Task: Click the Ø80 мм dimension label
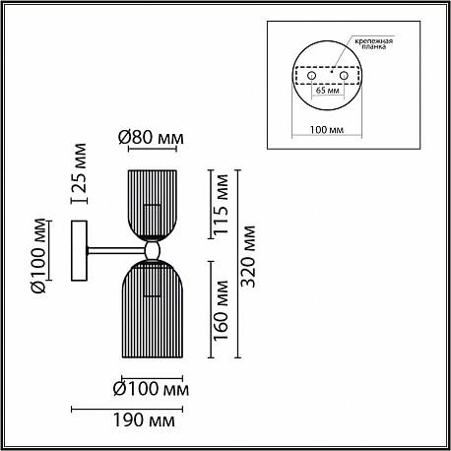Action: coord(151,138)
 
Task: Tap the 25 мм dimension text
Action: coord(79,168)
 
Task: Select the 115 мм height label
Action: coord(221,204)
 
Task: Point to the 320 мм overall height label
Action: coord(247,256)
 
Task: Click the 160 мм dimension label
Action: coord(221,310)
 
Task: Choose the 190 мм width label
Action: coord(144,419)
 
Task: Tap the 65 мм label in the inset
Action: coord(328,90)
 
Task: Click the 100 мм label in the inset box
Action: coord(327,130)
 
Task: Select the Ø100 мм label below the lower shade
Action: coord(151,389)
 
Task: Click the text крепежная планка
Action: coord(373,43)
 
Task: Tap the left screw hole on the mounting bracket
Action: coord(311,76)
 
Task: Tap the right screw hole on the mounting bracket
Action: coord(344,76)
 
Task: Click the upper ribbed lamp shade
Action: coord(152,204)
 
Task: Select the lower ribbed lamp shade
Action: coord(153,308)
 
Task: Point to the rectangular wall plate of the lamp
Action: coord(79,251)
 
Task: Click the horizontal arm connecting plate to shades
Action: coord(116,251)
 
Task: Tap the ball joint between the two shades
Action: coord(153,250)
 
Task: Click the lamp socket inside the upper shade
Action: coord(152,221)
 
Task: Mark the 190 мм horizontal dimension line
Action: coord(127,409)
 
